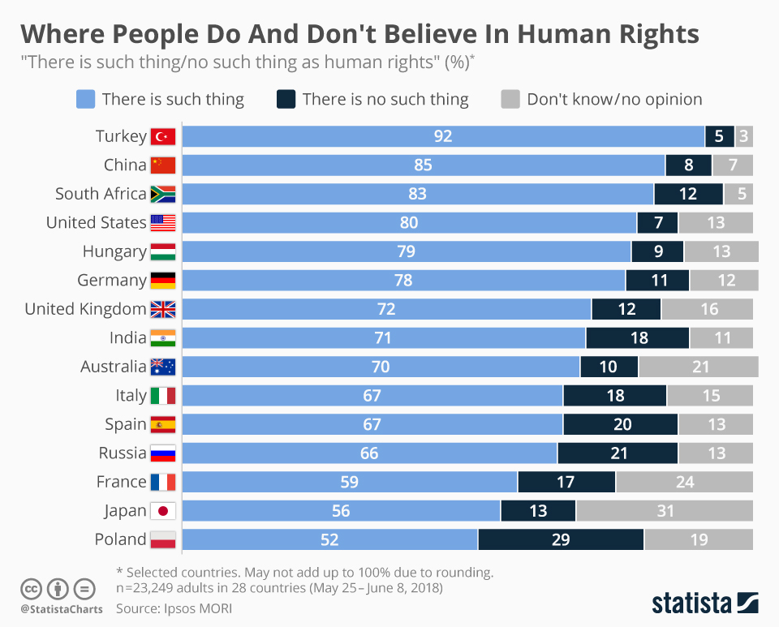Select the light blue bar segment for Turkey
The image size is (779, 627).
442,136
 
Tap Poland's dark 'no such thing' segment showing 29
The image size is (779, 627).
561,539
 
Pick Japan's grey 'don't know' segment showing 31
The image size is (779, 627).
665,511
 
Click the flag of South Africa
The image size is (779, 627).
163,194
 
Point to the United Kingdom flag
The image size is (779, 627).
163,309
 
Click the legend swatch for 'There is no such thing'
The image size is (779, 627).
286,99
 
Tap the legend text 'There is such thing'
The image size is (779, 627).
173,99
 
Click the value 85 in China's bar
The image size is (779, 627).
423,165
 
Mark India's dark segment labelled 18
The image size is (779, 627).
638,338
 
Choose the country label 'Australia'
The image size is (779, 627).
114,367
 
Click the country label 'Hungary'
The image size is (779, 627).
114,251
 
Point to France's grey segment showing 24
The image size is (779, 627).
684,482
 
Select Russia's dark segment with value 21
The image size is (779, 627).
618,453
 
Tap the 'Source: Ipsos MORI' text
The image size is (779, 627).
179,607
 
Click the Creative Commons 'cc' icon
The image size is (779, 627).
31,588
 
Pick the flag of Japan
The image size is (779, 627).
163,511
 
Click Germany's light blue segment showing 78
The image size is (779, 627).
403,281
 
